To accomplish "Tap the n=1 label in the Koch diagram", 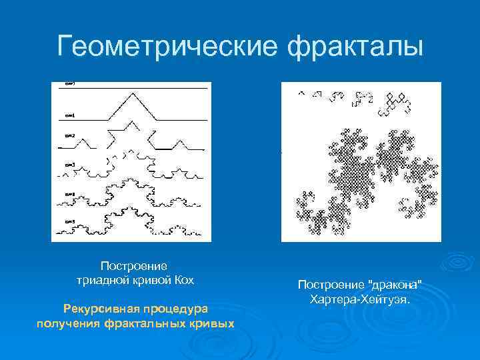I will pos(70,115).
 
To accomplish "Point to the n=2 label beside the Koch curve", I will pos(70,136).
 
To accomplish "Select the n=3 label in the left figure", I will pos(70,163).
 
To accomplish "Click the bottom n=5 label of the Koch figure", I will pos(70,221).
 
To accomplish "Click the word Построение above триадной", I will pos(134,266).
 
